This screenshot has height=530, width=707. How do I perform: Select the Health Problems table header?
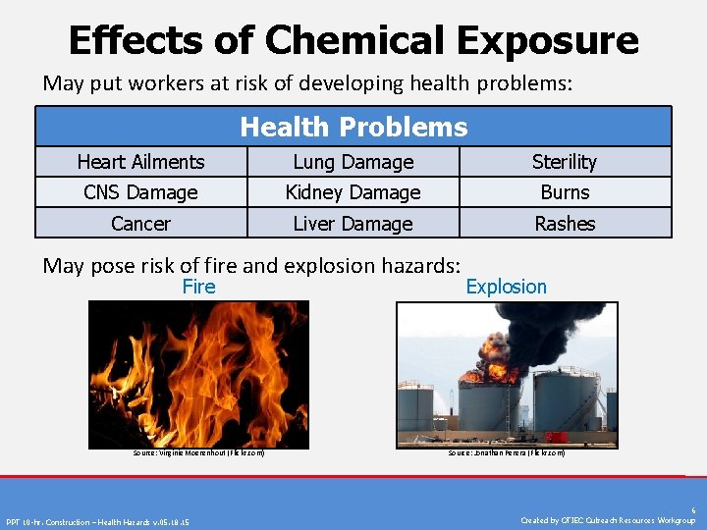tap(353, 127)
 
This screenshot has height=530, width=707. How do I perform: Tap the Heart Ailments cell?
tap(140, 162)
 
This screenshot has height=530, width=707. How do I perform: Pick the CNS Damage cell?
tap(140, 192)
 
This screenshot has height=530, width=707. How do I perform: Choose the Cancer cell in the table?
tap(140, 224)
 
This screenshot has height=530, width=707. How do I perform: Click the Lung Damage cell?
tap(353, 162)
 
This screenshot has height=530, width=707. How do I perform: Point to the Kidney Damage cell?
tap(353, 192)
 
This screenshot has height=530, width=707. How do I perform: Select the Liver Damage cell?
tap(353, 224)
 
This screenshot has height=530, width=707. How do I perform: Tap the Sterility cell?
tap(565, 162)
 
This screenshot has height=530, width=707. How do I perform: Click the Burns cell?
tap(565, 192)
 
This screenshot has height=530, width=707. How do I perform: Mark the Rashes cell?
tap(565, 224)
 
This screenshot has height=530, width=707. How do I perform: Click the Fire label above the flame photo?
tap(198, 287)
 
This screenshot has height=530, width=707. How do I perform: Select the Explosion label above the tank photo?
tap(506, 287)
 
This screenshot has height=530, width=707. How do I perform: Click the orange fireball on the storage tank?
tap(491, 372)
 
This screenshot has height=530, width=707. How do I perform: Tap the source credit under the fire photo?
tap(198, 452)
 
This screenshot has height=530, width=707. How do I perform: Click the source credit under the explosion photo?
tap(506, 452)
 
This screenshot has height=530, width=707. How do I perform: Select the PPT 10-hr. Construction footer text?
tap(98, 521)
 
